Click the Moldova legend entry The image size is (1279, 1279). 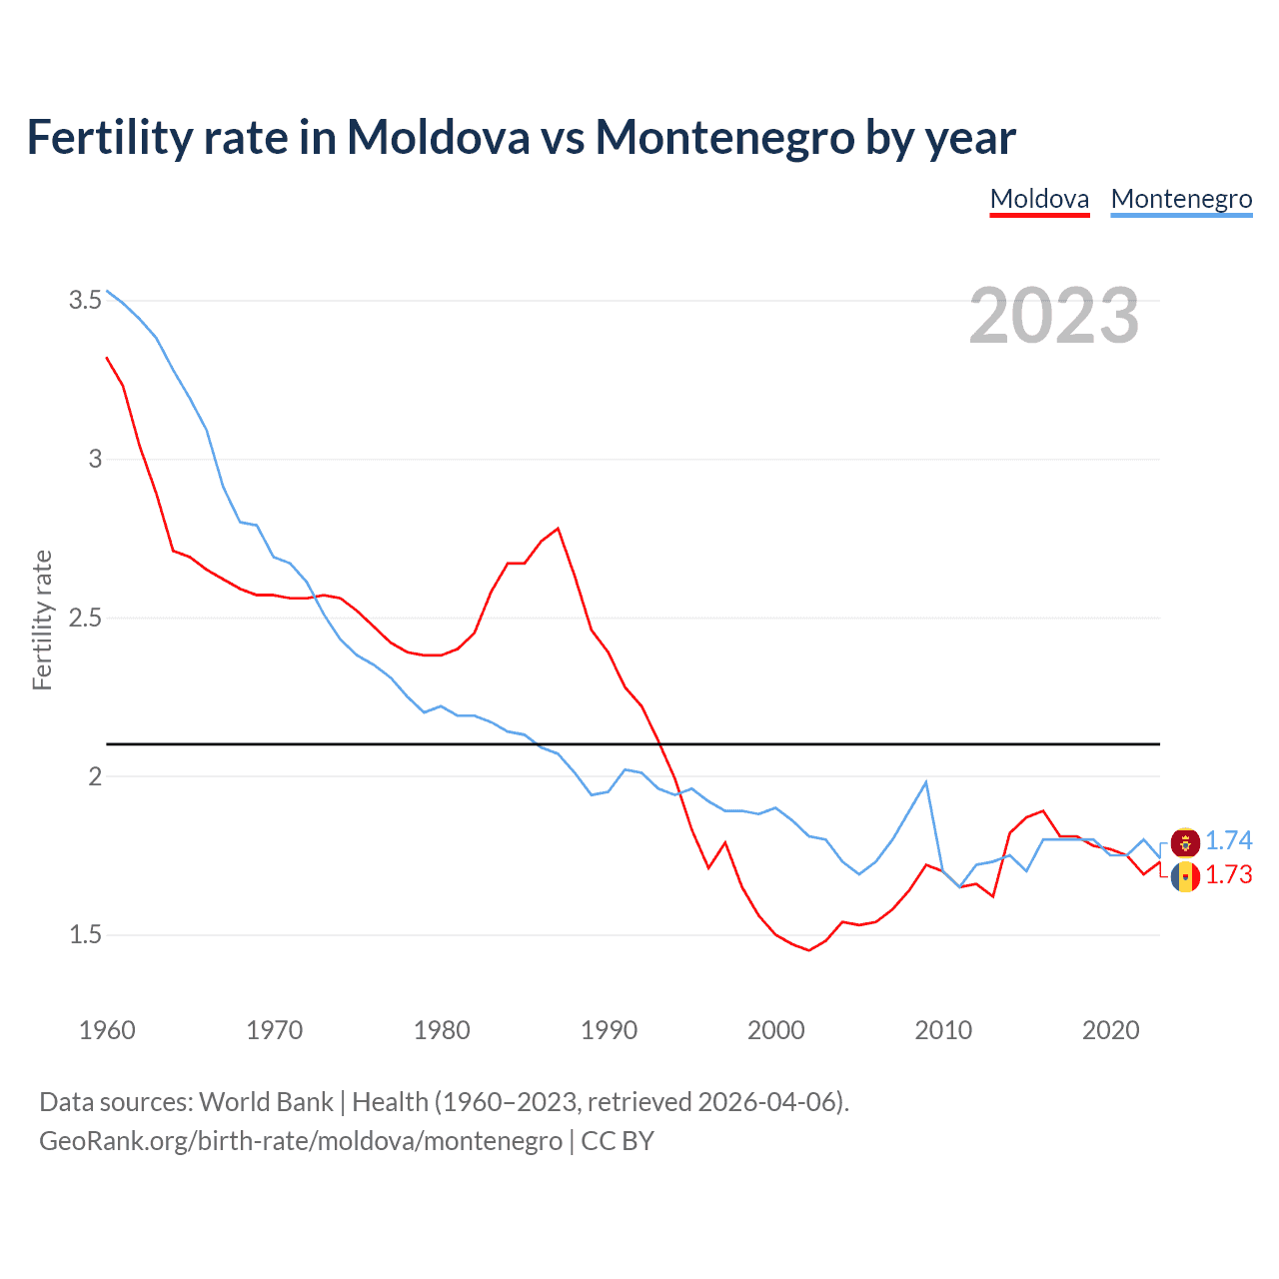point(1039,199)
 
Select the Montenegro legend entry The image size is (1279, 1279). point(1181,199)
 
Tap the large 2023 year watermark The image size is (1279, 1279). point(1054,316)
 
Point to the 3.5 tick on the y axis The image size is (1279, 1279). point(85,300)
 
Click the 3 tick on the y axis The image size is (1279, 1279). point(95,459)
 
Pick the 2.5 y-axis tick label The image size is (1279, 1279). point(85,618)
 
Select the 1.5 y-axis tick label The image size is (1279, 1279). point(85,935)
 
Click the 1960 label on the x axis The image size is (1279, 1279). point(107,1030)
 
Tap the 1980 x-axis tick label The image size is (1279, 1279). point(442,1030)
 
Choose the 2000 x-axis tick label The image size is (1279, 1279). point(775,1030)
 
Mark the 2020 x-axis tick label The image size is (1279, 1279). point(1110,1030)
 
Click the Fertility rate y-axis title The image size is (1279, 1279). point(42,620)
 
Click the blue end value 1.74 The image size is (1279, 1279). point(1228,840)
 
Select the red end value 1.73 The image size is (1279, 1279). point(1228,874)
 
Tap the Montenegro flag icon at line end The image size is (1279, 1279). point(1185,842)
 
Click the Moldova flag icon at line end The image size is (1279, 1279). point(1185,877)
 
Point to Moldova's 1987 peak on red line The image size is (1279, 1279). point(558,529)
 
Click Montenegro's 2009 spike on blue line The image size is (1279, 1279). point(926,782)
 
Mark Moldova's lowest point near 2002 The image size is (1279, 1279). point(808,950)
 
